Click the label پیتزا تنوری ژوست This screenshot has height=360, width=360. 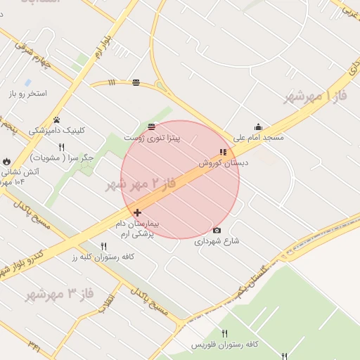click(x=152, y=139)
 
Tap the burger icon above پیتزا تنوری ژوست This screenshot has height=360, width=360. click(x=152, y=127)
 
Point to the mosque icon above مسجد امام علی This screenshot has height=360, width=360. click(x=259, y=127)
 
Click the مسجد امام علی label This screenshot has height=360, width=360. click(x=259, y=138)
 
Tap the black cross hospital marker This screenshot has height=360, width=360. click(x=136, y=212)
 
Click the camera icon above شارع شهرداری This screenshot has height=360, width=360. click(x=217, y=230)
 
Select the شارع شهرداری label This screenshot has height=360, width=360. click(x=217, y=240)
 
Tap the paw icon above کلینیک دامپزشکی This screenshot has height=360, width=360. click(x=56, y=120)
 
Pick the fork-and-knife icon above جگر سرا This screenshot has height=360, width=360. click(x=62, y=147)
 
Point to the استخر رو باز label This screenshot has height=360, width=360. click(x=27, y=94)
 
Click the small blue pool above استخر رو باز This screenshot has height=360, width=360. click(x=27, y=82)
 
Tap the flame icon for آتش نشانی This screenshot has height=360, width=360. click(x=7, y=162)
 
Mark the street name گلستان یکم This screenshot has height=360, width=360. click(x=253, y=279)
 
